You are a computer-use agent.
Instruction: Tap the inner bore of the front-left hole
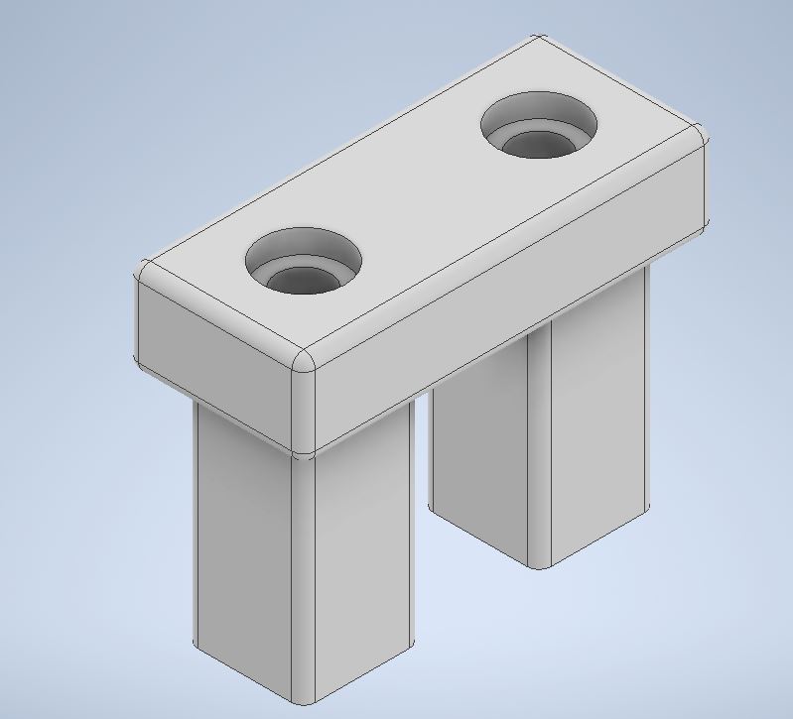tap(301, 281)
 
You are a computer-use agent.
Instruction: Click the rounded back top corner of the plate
tap(537, 42)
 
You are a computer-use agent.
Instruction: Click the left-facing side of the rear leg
tap(476, 466)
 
